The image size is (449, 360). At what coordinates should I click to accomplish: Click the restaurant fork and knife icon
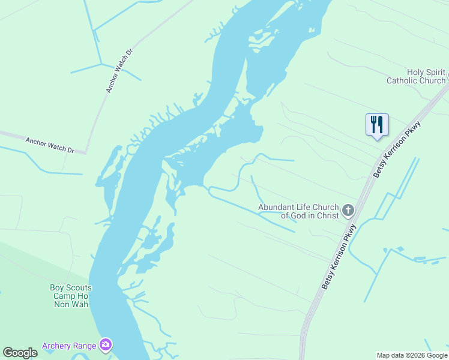pos(377,125)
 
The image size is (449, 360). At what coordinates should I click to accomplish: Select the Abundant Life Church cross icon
pos(348,211)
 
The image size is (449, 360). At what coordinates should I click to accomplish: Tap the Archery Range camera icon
pos(106,344)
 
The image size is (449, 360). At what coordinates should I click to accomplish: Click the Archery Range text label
pos(69,346)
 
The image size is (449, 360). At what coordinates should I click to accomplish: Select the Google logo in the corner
pos(20,353)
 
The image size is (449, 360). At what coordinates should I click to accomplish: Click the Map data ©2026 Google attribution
pos(412,355)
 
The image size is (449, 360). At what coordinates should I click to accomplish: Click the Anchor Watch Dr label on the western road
pos(49,145)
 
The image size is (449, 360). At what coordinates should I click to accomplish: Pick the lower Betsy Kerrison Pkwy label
pos(340,257)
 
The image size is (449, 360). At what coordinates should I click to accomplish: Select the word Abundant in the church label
pos(278,207)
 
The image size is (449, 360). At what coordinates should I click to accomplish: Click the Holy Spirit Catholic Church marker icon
pos(447,76)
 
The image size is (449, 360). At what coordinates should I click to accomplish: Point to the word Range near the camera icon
pos(84,346)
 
